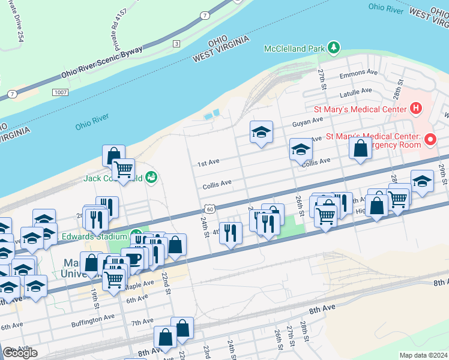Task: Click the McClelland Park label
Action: point(294,47)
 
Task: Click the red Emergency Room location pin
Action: point(430,139)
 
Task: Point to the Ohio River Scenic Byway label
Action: point(101,63)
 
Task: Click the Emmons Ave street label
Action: point(358,73)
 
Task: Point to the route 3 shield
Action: point(176,43)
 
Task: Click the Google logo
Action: point(20,353)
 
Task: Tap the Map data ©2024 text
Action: point(423,355)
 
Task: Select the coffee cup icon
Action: point(133,259)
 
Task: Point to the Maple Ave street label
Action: point(140,285)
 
